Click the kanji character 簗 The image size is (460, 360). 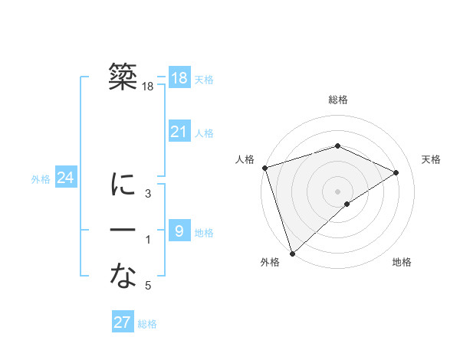click(123, 77)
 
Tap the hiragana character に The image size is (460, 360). click(123, 185)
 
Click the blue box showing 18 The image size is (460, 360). click(179, 78)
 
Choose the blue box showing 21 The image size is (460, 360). click(179, 132)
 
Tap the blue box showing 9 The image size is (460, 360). click(179, 231)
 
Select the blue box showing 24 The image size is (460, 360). click(65, 178)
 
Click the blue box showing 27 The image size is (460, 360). click(123, 322)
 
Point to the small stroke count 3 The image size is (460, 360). click(148, 194)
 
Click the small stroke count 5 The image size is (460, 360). click(148, 286)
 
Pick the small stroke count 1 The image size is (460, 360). click(148, 241)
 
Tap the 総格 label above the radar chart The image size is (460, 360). click(337, 100)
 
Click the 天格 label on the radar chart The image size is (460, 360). click(431, 159)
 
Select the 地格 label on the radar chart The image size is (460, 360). click(402, 262)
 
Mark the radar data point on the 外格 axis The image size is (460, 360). click(292, 252)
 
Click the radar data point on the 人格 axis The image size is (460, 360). click(264, 167)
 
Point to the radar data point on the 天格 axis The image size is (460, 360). click(396, 172)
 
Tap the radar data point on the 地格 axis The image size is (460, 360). click(347, 204)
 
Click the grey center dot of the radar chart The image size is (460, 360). click(337, 191)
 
